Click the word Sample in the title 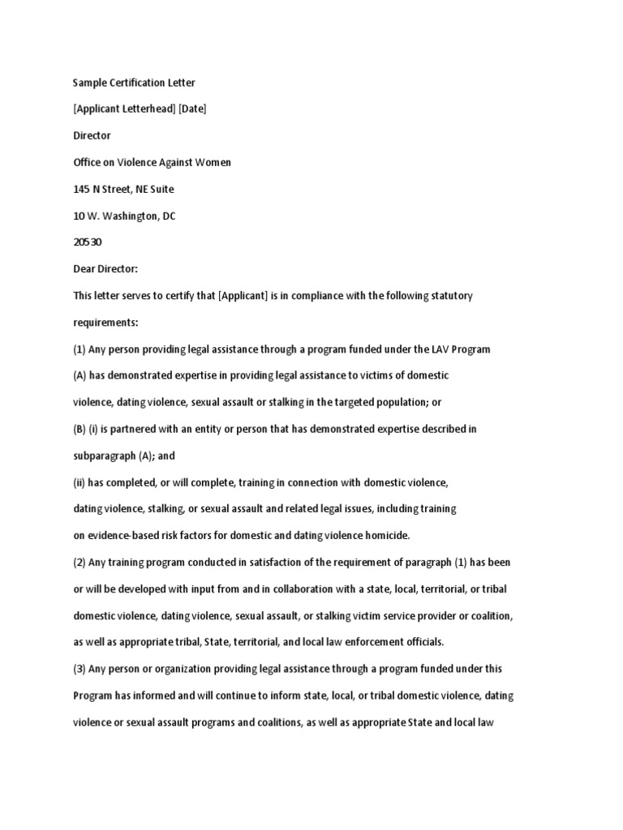(90, 83)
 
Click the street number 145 (82, 189)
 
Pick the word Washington (133, 216)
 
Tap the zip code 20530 (88, 242)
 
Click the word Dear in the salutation (85, 269)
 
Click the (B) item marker (80, 429)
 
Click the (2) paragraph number (80, 563)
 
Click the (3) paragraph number (80, 669)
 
